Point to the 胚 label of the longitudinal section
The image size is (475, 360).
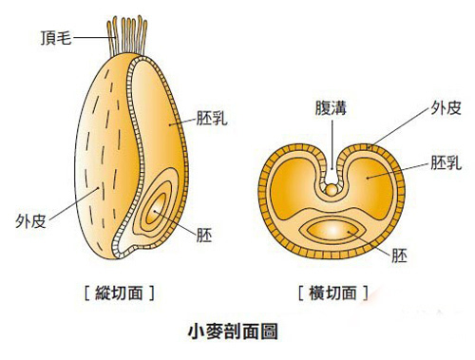pyautogui.click(x=203, y=234)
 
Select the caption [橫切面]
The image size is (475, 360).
pyautogui.click(x=326, y=292)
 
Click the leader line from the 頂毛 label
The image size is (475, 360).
pyautogui.click(x=89, y=38)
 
